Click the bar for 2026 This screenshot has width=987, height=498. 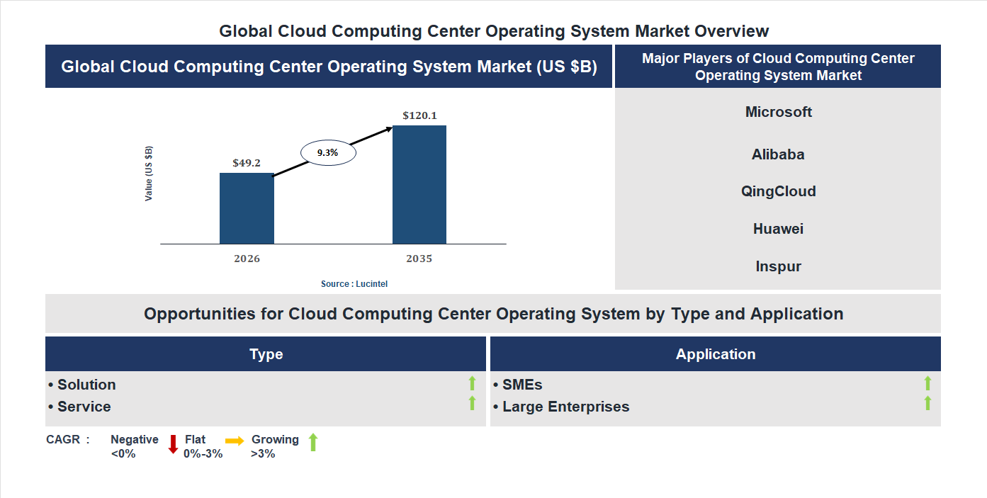(247, 208)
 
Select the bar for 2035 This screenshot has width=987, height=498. (419, 185)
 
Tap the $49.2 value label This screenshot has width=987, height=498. (247, 163)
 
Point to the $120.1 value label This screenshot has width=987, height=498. (419, 115)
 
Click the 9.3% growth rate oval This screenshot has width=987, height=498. (328, 152)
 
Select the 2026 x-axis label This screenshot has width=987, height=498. (247, 259)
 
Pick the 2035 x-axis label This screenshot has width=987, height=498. (419, 259)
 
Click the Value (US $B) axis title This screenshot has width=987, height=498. (149, 174)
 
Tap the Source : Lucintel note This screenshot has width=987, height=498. (354, 284)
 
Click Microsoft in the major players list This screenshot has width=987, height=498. (778, 112)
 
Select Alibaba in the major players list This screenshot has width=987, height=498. (778, 154)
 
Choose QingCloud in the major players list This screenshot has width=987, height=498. (778, 191)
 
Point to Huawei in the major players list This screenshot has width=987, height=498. (778, 229)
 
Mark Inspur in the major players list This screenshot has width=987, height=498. (778, 266)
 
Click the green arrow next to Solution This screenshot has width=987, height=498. (472, 383)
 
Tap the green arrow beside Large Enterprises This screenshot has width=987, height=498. (927, 404)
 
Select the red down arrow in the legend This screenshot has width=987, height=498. (173, 444)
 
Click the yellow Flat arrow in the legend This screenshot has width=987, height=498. (235, 440)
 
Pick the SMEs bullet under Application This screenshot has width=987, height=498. (521, 385)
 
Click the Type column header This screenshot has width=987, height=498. (266, 354)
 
